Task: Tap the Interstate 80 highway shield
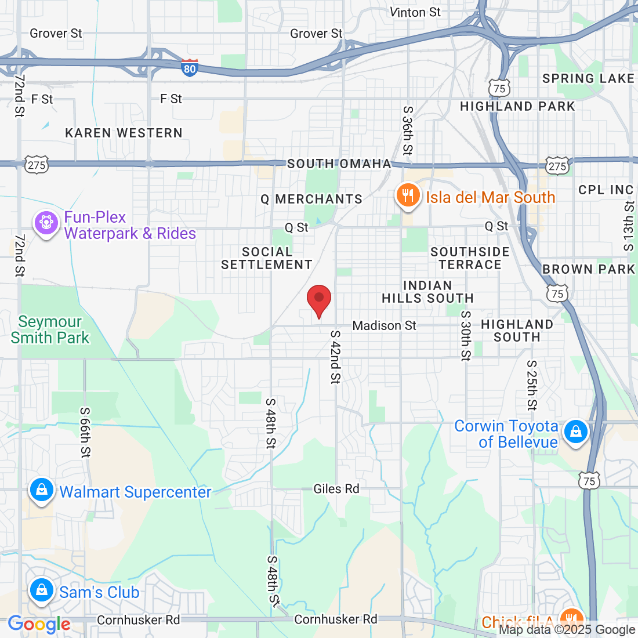tap(189, 68)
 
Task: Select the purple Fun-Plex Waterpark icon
tap(46, 223)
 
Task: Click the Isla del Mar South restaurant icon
tap(408, 196)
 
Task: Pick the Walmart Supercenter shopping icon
tap(42, 490)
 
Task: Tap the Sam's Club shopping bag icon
tap(41, 590)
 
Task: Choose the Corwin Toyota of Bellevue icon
tap(575, 432)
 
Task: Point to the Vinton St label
tap(415, 12)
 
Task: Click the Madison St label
tap(384, 325)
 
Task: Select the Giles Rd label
tap(336, 489)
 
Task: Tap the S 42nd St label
tap(335, 357)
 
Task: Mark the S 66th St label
tap(85, 432)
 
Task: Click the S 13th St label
tap(629, 226)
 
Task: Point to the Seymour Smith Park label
tap(50, 329)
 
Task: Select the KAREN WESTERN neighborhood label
tap(124, 133)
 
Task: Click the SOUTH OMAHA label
tap(339, 164)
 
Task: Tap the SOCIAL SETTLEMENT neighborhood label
tap(267, 258)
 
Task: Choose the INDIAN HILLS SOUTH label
tap(427, 292)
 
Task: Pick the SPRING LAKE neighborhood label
tap(588, 78)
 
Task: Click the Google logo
tap(39, 624)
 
